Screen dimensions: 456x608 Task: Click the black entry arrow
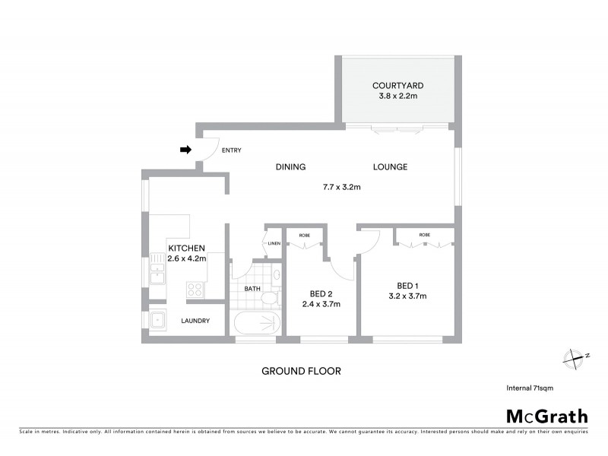pos(185,150)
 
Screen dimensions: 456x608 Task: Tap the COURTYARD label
pos(397,85)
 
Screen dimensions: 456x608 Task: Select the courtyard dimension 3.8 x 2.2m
pos(397,97)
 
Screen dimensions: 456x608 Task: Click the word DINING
pos(290,167)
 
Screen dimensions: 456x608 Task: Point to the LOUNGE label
pos(390,167)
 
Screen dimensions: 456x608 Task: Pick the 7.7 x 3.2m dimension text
pos(340,186)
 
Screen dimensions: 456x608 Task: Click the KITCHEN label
pos(187,249)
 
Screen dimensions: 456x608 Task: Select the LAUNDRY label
pos(195,321)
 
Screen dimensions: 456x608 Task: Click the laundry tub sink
pos(159,320)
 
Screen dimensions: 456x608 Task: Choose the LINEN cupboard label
pos(274,242)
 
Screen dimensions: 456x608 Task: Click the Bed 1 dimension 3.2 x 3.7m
pos(407,296)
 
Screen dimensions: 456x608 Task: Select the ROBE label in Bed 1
pos(424,236)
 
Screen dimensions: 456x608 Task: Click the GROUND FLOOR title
pos(301,372)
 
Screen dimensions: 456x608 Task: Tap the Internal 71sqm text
pos(530,388)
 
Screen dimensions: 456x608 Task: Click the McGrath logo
pos(547,416)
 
